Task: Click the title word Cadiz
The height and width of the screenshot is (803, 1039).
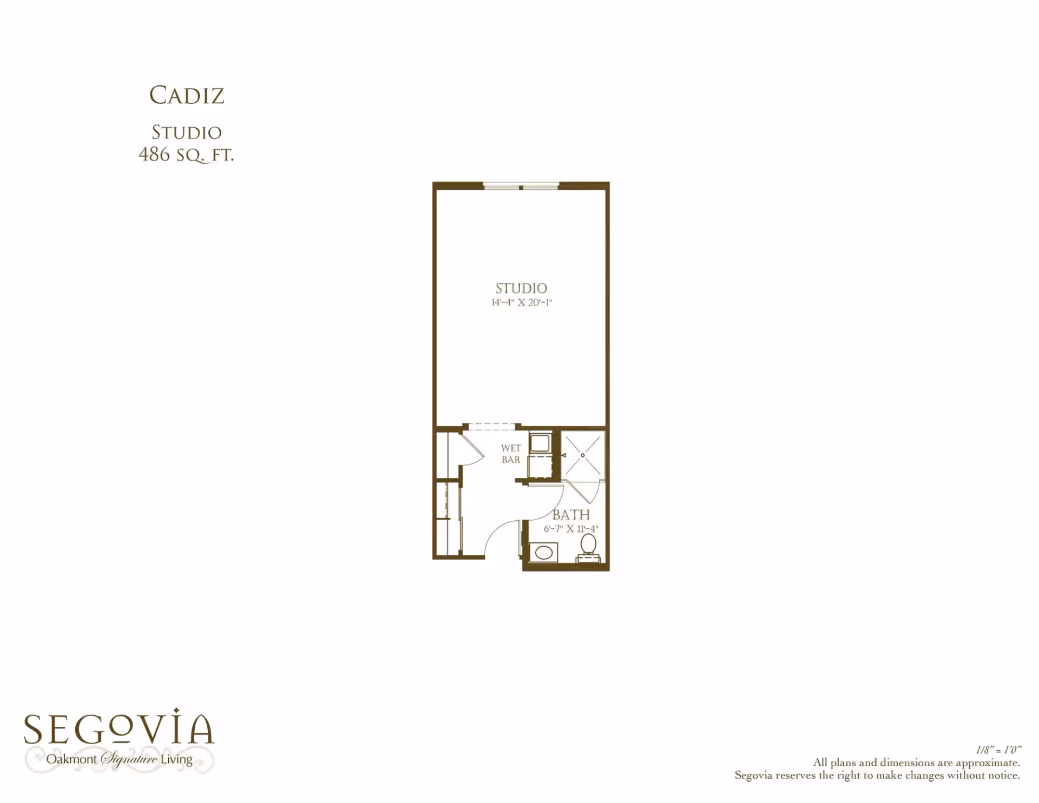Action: point(187,95)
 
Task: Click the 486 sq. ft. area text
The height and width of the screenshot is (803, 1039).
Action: point(186,155)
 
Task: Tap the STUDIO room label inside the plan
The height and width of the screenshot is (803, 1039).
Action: point(521,288)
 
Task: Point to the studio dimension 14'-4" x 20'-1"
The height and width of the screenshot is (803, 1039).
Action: point(521,302)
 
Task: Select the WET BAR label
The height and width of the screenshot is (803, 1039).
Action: point(511,454)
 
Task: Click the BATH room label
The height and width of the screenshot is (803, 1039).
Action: point(571,515)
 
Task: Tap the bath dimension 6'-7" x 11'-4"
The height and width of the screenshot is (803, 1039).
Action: point(571,529)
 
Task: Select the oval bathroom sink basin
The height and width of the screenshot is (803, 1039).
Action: point(543,553)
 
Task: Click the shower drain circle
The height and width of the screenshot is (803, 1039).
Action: point(583,455)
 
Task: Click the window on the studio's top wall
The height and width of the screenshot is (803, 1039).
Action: point(521,187)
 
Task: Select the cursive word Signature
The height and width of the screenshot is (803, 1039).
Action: point(129,759)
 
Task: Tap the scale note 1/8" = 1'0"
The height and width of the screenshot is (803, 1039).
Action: point(998,750)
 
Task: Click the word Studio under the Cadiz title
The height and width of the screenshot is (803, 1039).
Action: point(187,132)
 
